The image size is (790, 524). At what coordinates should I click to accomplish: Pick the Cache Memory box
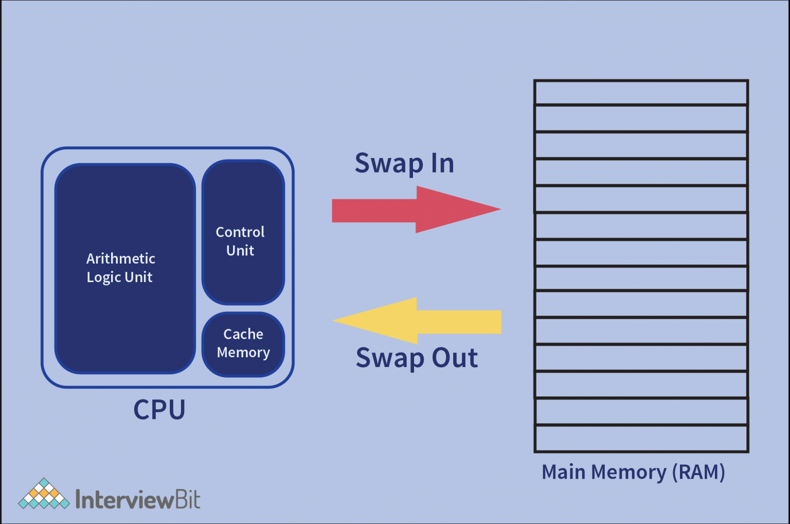243,344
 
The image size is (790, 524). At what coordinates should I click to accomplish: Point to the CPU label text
159,410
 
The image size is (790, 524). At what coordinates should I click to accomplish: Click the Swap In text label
404,164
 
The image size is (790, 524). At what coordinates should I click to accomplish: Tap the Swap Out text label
417,358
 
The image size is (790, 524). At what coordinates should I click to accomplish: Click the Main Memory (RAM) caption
633,472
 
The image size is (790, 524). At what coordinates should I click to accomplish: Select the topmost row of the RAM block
641,93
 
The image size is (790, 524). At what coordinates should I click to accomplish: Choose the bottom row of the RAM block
641,439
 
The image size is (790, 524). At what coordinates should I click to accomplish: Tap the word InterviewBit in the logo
138,499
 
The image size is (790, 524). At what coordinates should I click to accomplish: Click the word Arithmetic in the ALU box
120,258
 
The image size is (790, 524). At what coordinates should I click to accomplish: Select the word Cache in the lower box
243,334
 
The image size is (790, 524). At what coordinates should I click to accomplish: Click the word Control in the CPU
240,232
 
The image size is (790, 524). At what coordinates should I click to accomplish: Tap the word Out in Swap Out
455,358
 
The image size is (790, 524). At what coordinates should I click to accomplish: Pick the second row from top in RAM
641,119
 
